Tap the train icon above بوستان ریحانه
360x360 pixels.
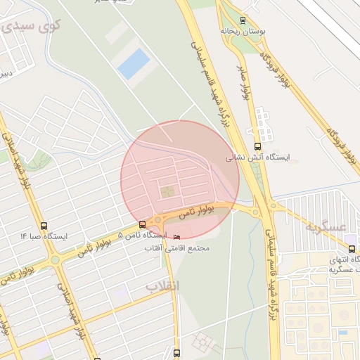pos(243,20)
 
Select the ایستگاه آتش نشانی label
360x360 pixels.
pos(250,158)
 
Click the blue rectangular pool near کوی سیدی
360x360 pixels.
pos(134,64)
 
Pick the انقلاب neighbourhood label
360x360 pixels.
pos(162,285)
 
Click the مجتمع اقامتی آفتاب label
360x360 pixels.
pos(177,248)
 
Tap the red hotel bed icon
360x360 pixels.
pos(176,238)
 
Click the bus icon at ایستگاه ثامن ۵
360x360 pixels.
pos(143,224)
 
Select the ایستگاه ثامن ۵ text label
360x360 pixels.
pos(142,235)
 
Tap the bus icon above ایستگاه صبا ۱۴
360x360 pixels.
pos(44,226)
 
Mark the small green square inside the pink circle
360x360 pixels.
pos(167,191)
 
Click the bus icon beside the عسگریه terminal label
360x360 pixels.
pos(352,249)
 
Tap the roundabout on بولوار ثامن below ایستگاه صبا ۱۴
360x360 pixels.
pos(54,260)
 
